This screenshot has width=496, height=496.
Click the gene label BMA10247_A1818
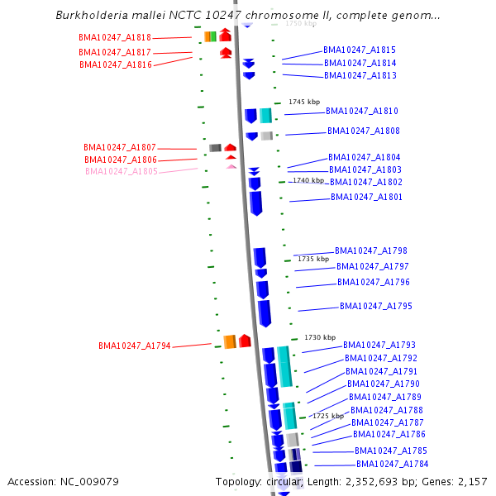tap(115, 38)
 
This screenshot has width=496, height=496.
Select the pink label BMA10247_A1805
tap(122, 172)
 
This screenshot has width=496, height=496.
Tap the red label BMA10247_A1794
tap(135, 346)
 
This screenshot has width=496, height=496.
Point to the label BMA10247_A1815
tap(360, 50)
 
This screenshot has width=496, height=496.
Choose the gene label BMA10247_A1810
tap(362, 112)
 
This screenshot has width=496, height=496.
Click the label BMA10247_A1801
tap(367, 198)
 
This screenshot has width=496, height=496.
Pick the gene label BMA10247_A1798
tap(371, 251)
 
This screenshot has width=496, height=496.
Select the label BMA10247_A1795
tap(376, 307)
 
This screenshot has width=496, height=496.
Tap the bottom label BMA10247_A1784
tap(392, 465)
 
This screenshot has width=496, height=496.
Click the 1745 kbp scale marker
tap(304, 102)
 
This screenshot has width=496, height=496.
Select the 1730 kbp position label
tap(320, 337)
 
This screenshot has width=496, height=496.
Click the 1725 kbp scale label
tap(327, 416)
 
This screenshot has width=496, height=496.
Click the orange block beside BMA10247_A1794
tap(230, 342)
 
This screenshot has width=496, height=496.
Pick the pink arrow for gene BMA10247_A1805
tap(231, 167)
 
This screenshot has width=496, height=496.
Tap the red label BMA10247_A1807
tap(120, 148)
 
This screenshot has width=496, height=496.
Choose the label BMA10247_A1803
tap(365, 170)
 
